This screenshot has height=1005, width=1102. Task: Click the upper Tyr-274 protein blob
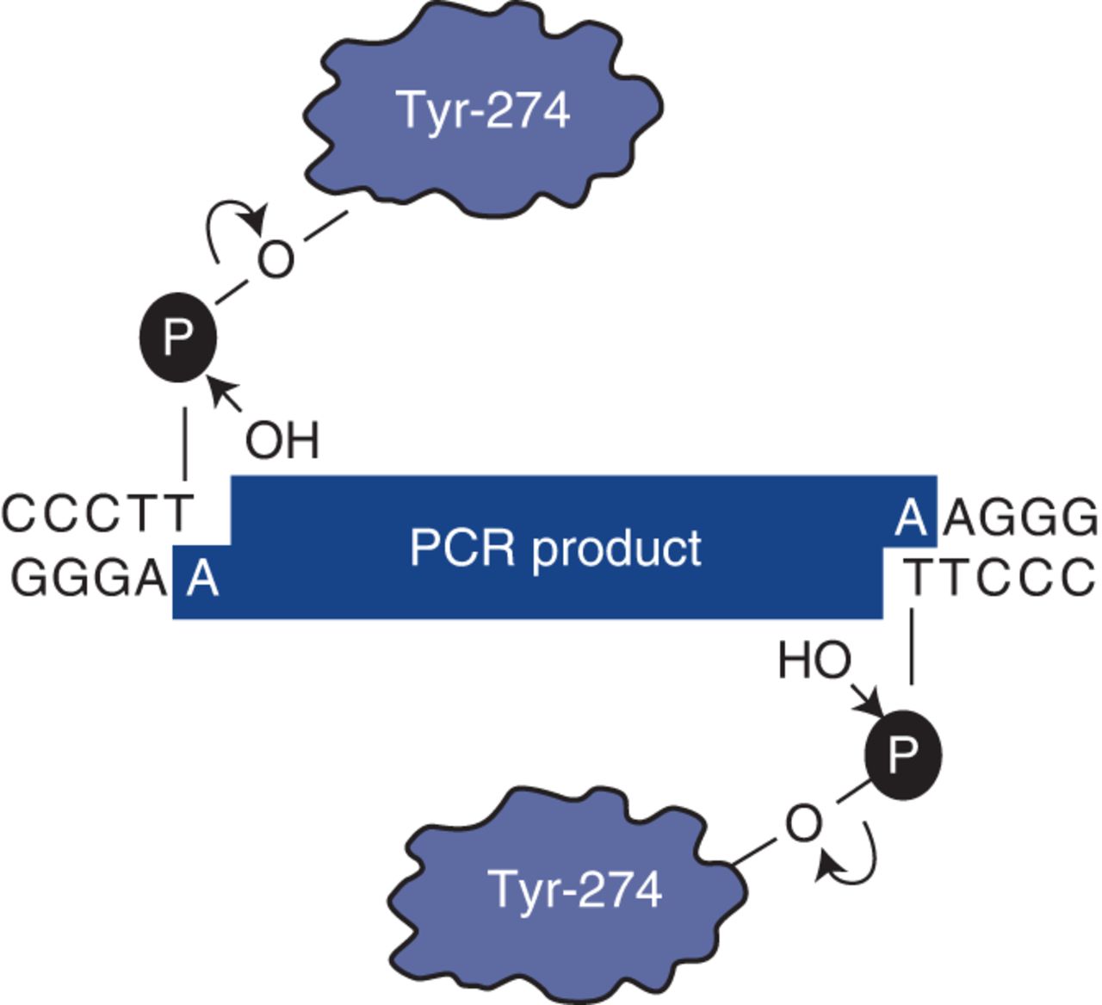[483, 112]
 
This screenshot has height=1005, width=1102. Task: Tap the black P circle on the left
[177, 338]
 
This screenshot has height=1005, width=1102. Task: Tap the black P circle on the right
[902, 754]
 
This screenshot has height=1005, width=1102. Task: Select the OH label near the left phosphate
[282, 440]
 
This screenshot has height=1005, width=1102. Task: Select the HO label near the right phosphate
[814, 661]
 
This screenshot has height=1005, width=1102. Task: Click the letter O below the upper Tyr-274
[275, 259]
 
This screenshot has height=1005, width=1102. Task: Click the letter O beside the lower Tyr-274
[802, 824]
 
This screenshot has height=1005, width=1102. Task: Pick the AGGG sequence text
[1021, 518]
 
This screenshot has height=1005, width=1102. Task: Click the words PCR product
[555, 548]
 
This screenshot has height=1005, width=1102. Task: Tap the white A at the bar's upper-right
[910, 518]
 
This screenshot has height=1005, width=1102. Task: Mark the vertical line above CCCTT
[185, 444]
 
